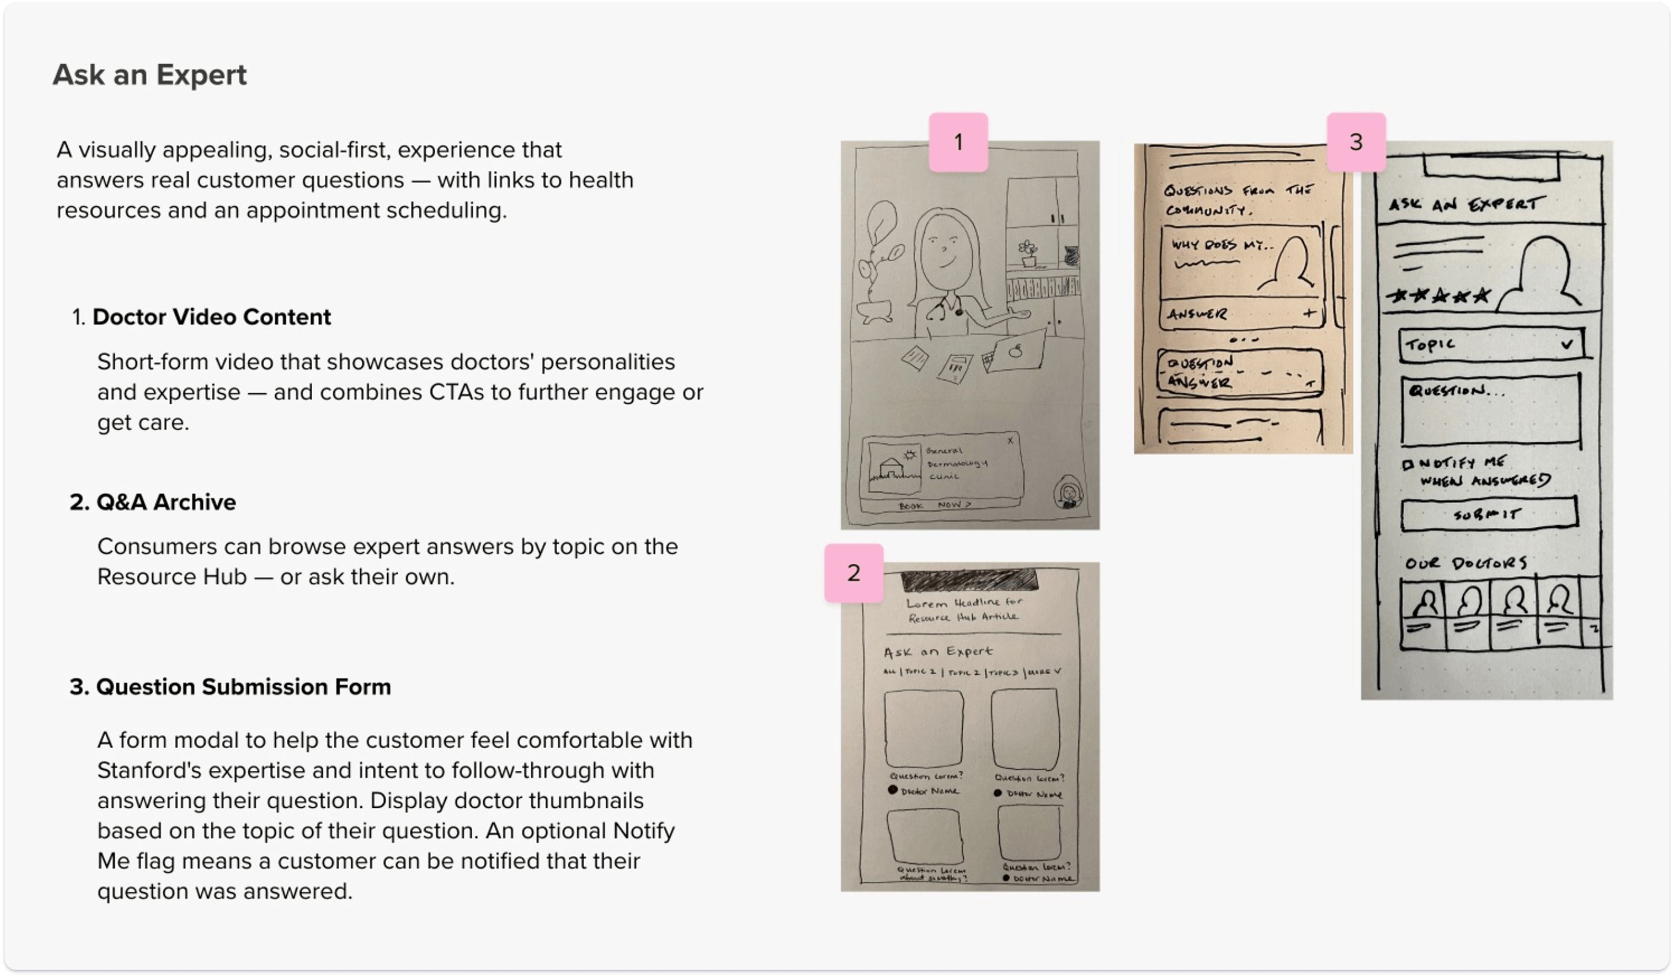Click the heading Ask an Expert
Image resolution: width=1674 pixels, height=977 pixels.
[149, 74]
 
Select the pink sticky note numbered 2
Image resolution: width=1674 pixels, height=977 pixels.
[853, 573]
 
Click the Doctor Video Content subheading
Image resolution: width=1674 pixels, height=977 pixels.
[210, 317]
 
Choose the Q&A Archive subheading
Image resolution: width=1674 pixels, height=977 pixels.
[165, 502]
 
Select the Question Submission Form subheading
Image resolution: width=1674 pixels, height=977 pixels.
[243, 687]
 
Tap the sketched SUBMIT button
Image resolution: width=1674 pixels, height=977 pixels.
[1488, 514]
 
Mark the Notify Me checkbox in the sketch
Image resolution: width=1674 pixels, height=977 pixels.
[1406, 464]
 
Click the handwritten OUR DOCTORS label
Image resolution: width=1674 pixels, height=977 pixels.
[1465, 564]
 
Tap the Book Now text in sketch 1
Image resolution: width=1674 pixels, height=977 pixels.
[935, 506]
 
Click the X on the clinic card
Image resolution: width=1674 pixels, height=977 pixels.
[1010, 440]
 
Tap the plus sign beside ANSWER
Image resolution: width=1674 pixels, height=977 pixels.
[1309, 313]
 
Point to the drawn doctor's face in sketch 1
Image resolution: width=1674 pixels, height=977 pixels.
[946, 249]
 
